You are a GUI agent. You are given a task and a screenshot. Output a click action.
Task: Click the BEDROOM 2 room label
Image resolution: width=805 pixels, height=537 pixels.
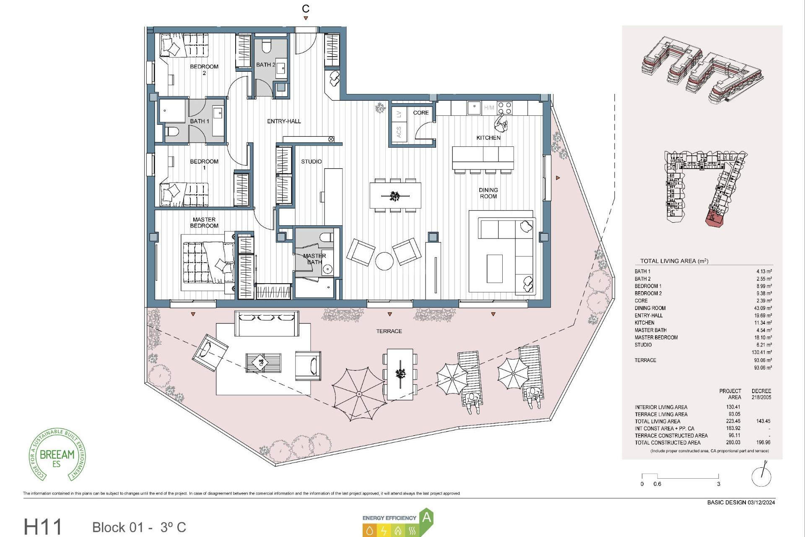[204, 69]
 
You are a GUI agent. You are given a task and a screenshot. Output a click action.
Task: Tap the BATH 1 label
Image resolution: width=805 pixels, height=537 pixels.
[200, 121]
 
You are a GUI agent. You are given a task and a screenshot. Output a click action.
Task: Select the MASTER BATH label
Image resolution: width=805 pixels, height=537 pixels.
[314, 259]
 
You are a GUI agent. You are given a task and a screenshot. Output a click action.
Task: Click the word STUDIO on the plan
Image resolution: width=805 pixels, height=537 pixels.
[311, 162]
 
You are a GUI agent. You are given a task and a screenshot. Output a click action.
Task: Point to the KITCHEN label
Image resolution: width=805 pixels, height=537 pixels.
[488, 138]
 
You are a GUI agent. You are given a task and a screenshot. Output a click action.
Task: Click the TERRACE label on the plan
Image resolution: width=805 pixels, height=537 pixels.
[389, 331]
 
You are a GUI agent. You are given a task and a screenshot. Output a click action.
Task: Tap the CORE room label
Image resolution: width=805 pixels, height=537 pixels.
[421, 112]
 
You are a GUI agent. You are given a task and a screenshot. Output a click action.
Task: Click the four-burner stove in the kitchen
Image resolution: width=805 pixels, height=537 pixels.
[504, 108]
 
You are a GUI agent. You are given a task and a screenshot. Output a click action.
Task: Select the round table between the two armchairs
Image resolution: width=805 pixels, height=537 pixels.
[384, 261]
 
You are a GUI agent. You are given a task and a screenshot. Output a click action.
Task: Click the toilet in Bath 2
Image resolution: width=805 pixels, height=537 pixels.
[267, 45]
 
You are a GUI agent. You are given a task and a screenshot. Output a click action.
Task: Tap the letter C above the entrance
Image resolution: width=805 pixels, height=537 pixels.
[306, 8]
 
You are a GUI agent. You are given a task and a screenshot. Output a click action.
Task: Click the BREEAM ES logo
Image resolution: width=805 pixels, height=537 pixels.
[57, 455]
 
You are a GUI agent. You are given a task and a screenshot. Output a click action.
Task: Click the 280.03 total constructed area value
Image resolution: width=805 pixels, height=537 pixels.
[733, 442]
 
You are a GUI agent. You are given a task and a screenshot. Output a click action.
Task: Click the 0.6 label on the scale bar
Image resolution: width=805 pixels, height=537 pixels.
[657, 484]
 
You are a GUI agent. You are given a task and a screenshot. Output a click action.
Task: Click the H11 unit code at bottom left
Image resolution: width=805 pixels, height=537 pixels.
[43, 527]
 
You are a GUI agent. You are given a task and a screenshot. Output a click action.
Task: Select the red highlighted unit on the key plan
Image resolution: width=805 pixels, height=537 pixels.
[714, 219]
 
